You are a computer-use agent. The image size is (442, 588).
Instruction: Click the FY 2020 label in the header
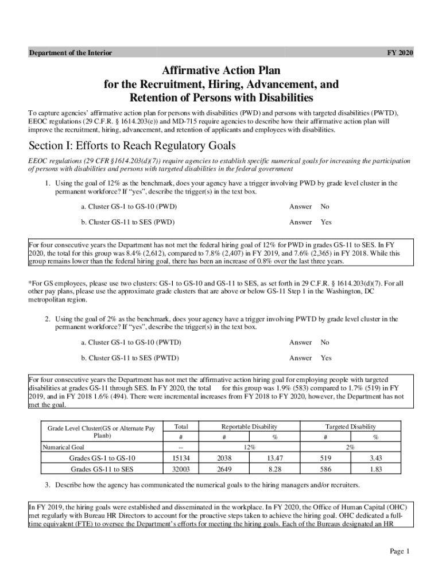click(x=401, y=53)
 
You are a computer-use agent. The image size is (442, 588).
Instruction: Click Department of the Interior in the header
click(x=71, y=53)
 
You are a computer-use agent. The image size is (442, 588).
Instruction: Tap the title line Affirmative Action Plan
click(x=221, y=71)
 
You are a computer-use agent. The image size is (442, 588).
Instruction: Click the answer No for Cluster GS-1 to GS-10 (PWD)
click(x=325, y=206)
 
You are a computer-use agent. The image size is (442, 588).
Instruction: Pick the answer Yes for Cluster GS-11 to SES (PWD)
click(x=326, y=222)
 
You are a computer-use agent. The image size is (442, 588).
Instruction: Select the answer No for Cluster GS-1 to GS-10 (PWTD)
click(x=325, y=342)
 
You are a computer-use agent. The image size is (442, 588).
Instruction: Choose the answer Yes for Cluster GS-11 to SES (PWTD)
click(x=326, y=358)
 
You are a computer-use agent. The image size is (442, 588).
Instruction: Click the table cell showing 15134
click(x=181, y=458)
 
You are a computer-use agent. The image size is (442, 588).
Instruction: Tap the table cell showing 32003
click(x=181, y=469)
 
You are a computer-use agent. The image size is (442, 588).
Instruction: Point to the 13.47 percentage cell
click(x=276, y=458)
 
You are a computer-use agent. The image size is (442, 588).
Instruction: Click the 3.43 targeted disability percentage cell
click(x=377, y=458)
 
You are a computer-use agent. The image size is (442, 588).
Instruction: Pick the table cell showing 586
click(x=325, y=469)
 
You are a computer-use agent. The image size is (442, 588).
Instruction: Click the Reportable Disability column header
click(x=250, y=427)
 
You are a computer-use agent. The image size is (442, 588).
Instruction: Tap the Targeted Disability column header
click(x=351, y=427)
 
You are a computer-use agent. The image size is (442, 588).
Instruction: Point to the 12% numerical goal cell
click(x=250, y=447)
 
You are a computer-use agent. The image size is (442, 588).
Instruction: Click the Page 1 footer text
click(x=399, y=552)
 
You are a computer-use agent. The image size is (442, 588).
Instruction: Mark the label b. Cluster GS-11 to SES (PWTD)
click(x=131, y=358)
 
